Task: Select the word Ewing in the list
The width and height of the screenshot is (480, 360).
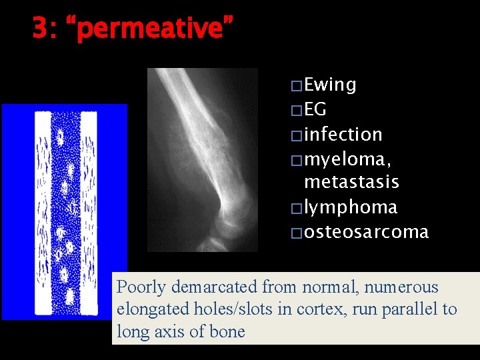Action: tap(330, 85)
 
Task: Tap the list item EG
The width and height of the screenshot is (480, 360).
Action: tap(315, 109)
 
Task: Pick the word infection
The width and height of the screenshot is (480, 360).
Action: tap(343, 134)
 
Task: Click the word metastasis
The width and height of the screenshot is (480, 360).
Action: tap(351, 181)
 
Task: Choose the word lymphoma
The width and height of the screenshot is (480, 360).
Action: tap(350, 207)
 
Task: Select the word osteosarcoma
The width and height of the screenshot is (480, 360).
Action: tap(366, 232)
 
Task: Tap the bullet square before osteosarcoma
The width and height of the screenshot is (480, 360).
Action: tap(296, 233)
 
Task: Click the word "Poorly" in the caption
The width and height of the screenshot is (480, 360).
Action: tap(141, 287)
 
